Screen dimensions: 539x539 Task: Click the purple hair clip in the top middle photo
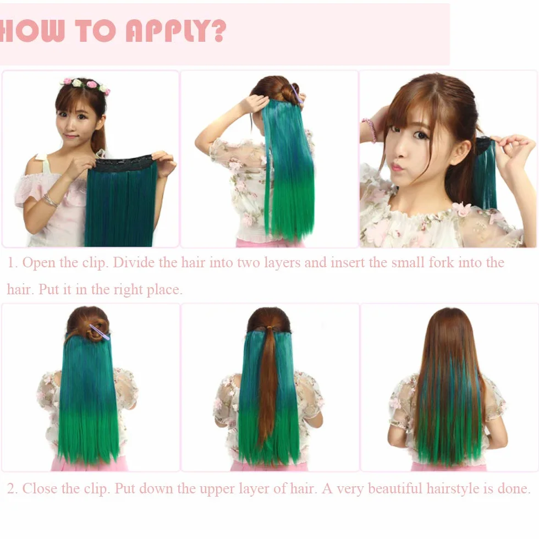pyautogui.click(x=296, y=93)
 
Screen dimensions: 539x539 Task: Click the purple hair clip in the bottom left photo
pyautogui.click(x=100, y=332)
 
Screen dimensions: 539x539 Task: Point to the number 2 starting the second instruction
pyautogui.click(x=10, y=489)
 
